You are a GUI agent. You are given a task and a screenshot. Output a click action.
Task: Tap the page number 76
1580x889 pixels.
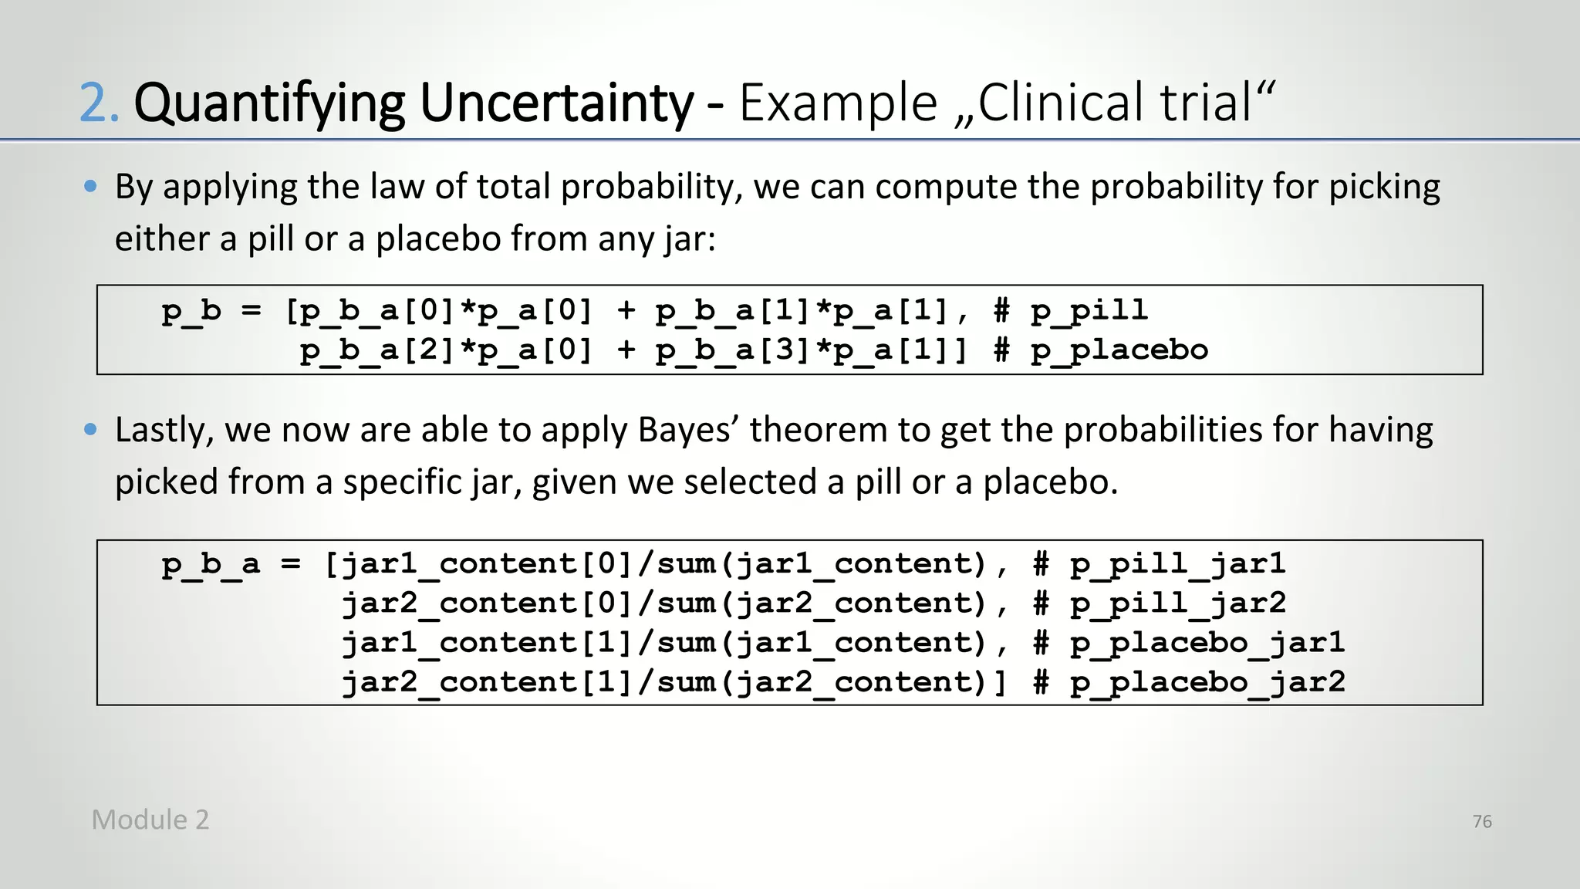click(1481, 821)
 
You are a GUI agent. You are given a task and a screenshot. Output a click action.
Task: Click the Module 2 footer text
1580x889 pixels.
click(150, 820)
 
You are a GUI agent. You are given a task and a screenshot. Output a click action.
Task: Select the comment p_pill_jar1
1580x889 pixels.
click(1177, 564)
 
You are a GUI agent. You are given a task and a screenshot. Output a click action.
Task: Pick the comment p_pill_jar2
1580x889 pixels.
click(1177, 603)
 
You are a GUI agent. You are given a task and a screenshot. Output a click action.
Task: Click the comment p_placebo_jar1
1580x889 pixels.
click(1207, 643)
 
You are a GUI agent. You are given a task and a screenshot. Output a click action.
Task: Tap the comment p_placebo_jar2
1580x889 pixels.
click(1207, 682)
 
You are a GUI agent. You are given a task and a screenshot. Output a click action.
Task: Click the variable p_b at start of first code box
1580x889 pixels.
click(191, 310)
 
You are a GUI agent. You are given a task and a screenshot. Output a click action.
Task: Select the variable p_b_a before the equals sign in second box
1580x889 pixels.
click(211, 564)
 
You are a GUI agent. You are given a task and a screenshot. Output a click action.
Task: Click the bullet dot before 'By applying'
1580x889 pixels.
click(91, 186)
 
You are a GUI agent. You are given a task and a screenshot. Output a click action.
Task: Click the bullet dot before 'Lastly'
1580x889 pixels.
click(91, 429)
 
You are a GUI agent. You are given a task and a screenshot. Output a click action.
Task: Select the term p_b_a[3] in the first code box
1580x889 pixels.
click(734, 350)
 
